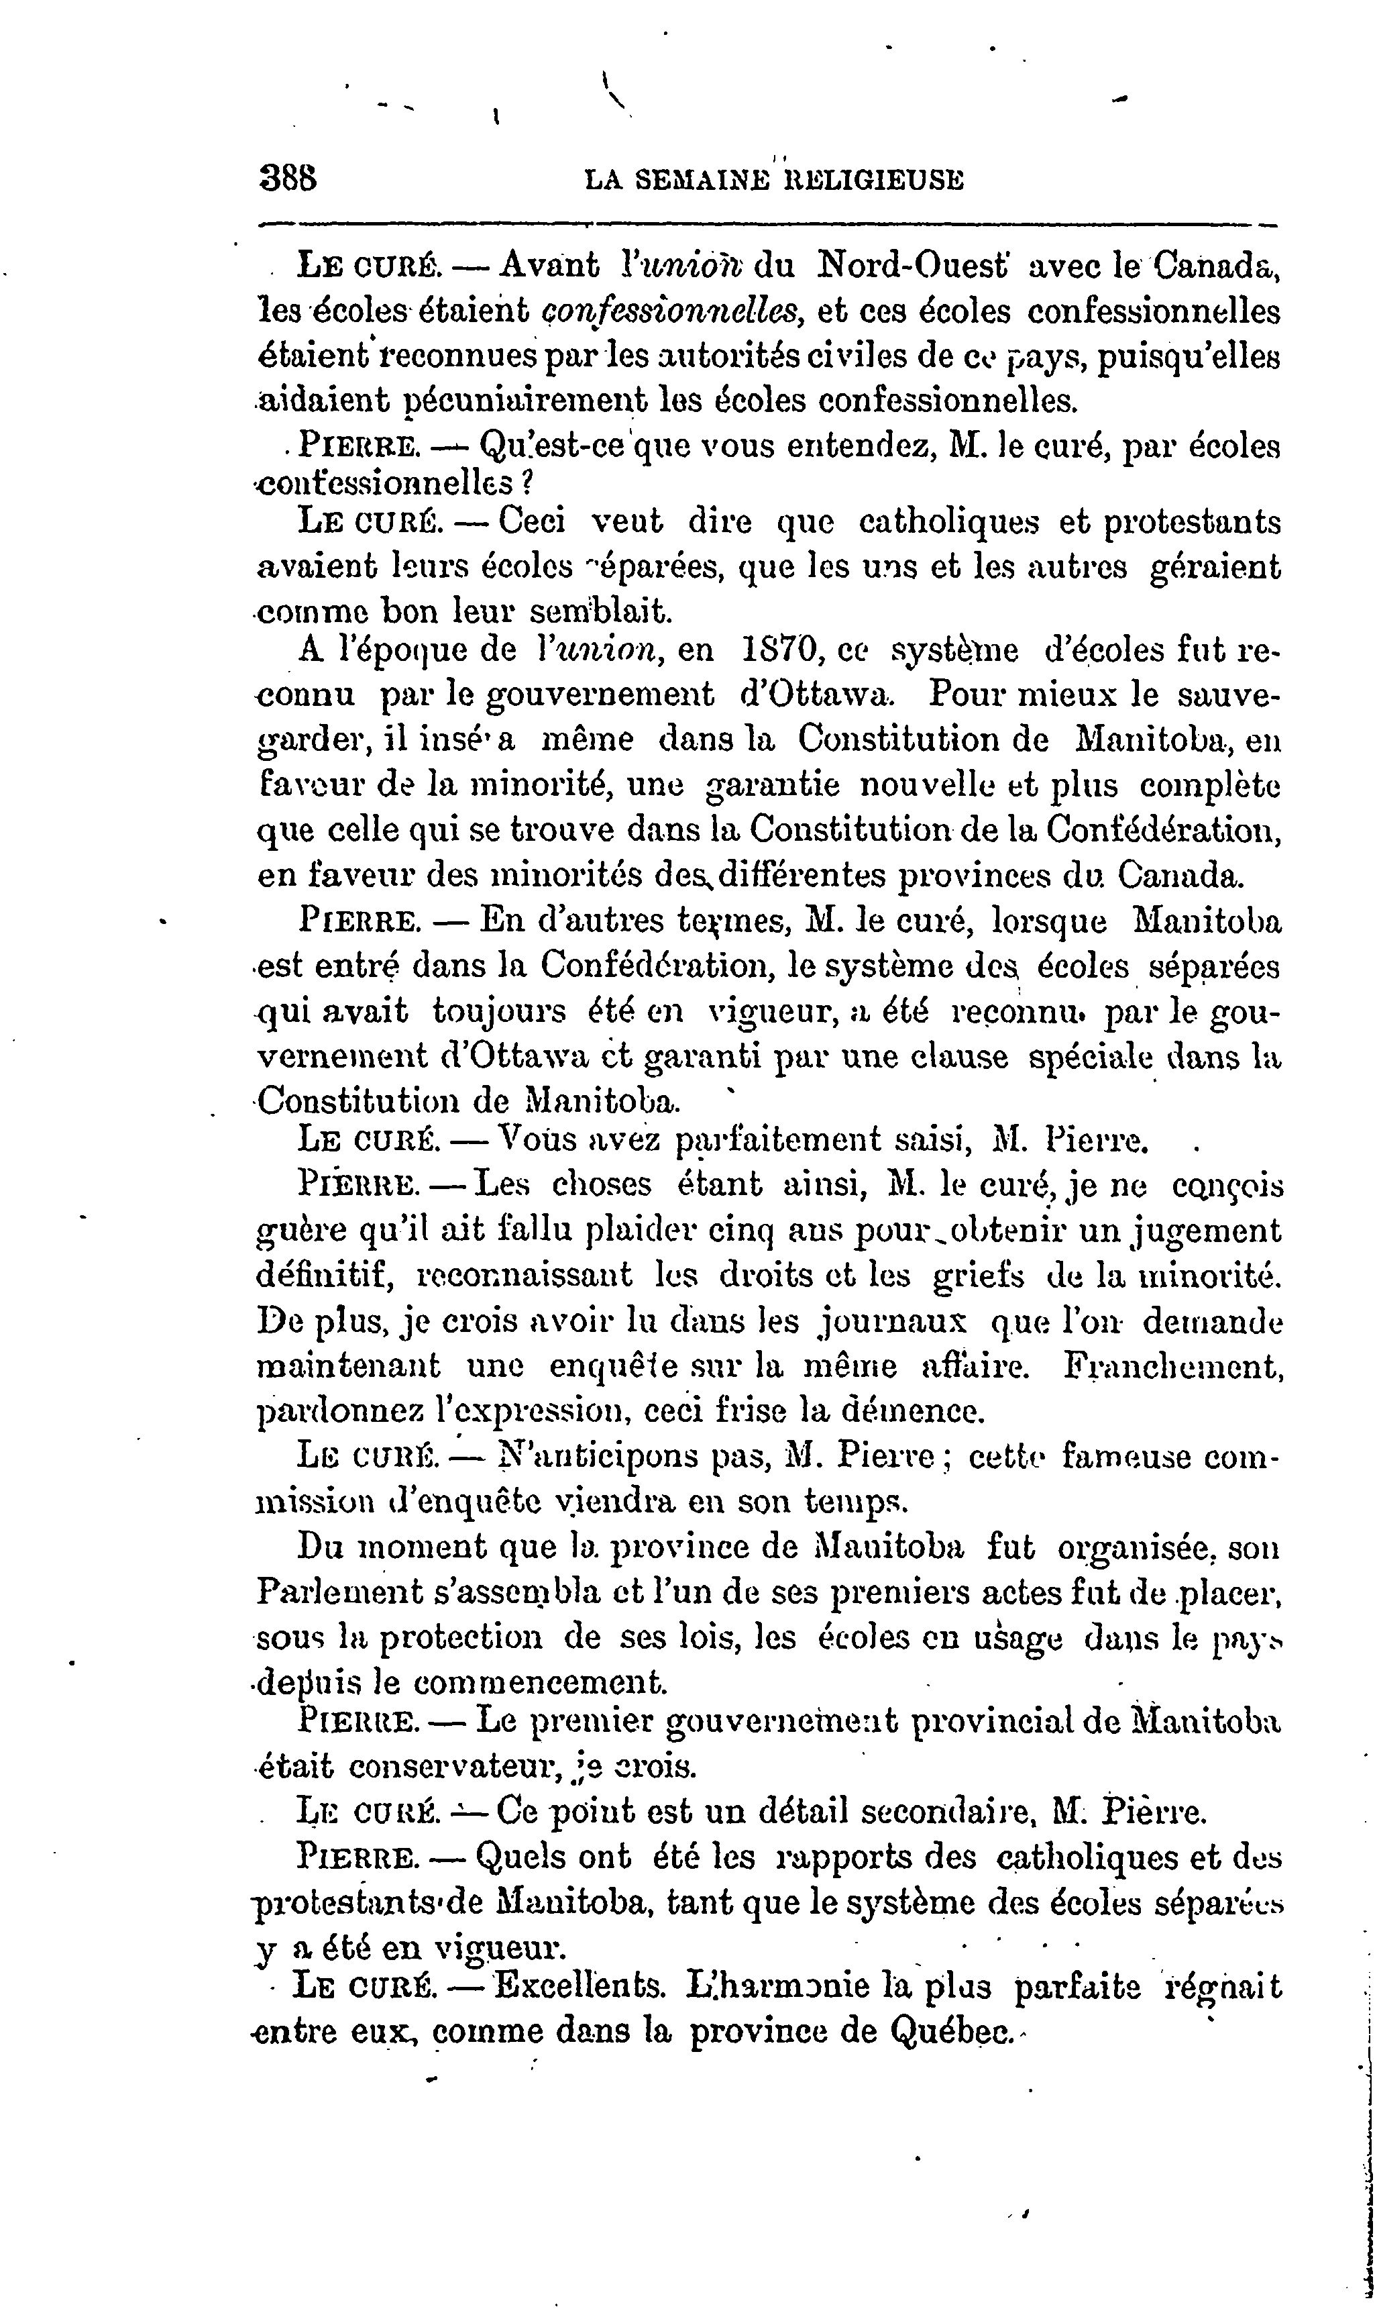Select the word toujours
click(498, 1012)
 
